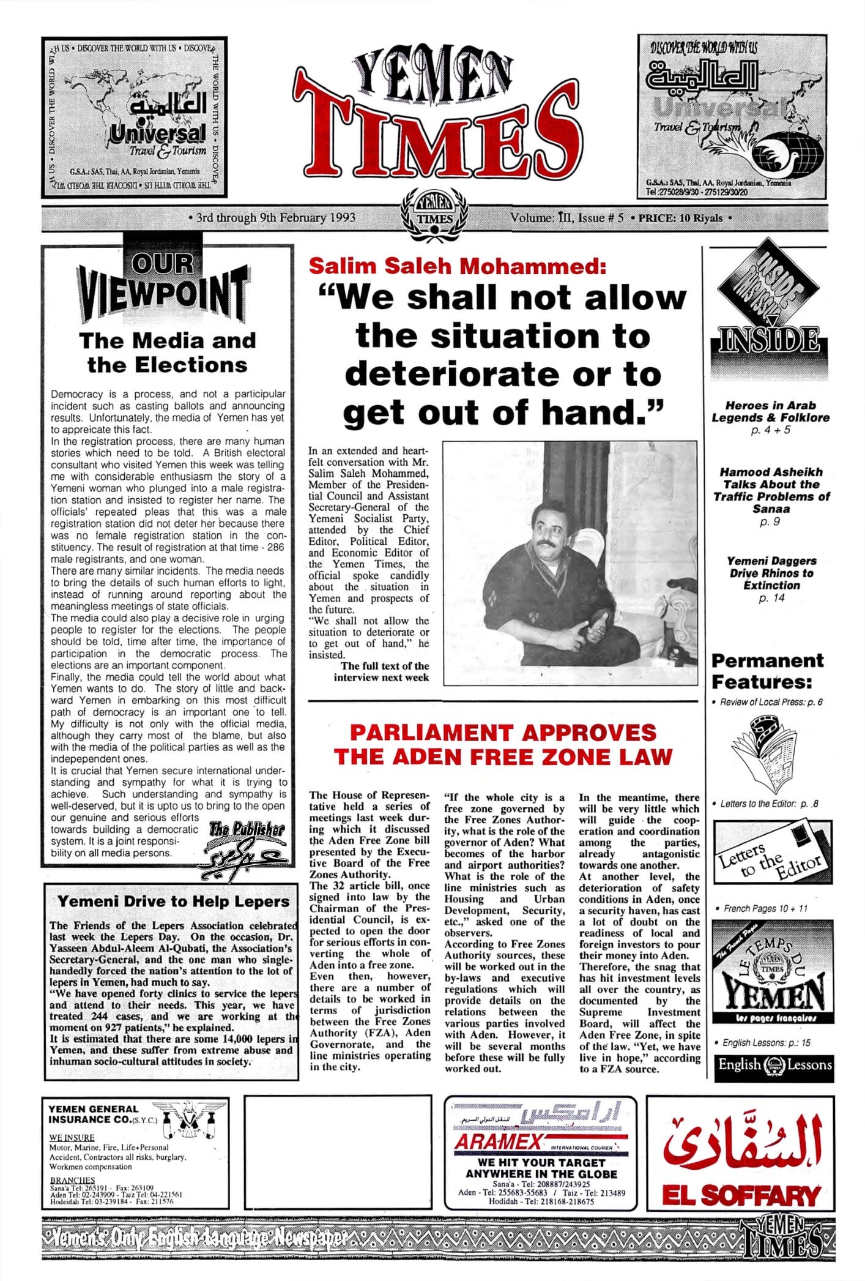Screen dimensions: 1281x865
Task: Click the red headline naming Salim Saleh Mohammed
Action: click(x=458, y=266)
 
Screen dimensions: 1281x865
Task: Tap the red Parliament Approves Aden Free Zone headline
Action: click(x=502, y=744)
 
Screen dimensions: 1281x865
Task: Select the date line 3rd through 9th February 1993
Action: click(x=275, y=217)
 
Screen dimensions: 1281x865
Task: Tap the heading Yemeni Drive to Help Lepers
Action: click(x=173, y=902)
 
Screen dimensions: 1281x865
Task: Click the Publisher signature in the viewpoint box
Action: click(x=245, y=847)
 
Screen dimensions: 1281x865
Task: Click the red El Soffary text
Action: click(x=741, y=1195)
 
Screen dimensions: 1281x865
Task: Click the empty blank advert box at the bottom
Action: click(x=338, y=1150)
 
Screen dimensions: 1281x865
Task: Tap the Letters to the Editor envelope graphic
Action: click(x=770, y=857)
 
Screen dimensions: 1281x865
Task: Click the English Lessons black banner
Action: click(x=773, y=1064)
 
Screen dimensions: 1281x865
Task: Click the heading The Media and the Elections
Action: click(x=167, y=352)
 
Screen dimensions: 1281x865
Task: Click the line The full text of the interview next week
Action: click(x=381, y=671)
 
